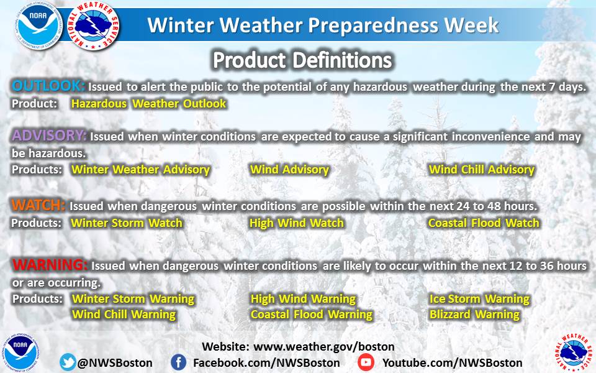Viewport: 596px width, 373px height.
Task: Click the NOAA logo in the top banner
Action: tap(38, 26)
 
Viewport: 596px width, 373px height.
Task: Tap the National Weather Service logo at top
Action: tap(93, 26)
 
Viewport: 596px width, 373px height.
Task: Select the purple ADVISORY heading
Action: tap(49, 135)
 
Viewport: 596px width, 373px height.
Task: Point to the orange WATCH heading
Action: tap(38, 205)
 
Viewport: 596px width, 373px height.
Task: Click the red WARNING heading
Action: tap(50, 265)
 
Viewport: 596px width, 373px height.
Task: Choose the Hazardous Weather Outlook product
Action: tap(148, 104)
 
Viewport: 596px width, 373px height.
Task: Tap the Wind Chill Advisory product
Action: tap(482, 169)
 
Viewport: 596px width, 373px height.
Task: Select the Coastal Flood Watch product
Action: tap(484, 223)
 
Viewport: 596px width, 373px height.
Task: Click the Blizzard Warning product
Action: tap(474, 315)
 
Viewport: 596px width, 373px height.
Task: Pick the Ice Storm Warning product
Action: tap(479, 299)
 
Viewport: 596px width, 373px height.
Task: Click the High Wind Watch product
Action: tap(297, 223)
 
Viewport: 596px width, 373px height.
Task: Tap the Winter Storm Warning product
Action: tap(133, 299)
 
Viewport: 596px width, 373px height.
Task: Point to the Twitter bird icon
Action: tap(68, 362)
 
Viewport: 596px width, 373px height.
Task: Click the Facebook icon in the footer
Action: tap(178, 362)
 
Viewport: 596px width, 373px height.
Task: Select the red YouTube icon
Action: tap(366, 362)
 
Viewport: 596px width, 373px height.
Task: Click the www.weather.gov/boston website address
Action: tap(324, 347)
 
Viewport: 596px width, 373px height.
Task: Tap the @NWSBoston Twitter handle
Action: tap(115, 362)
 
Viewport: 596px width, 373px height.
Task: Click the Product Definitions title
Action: tap(302, 60)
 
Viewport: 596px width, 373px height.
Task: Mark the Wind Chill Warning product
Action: tap(124, 315)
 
